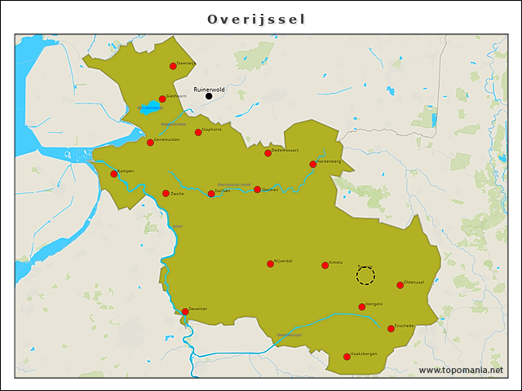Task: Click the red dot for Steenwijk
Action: [173, 66]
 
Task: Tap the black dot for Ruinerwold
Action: [209, 96]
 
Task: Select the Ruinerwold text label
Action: [209, 89]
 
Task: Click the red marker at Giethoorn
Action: [162, 99]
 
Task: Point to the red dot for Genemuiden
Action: [150, 143]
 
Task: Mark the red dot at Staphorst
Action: [198, 132]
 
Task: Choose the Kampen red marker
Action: [114, 174]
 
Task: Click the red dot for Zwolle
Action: [166, 194]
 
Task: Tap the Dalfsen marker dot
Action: [211, 194]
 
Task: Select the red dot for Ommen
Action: [258, 190]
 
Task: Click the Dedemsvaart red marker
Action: [268, 153]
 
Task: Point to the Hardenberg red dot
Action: [313, 165]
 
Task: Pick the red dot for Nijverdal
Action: [271, 263]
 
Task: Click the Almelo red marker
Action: [324, 265]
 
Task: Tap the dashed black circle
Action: [365, 276]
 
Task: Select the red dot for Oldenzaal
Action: [400, 285]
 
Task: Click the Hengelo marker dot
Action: [362, 307]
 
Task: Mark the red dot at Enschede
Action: [391, 328]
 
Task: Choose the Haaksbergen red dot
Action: [347, 357]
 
